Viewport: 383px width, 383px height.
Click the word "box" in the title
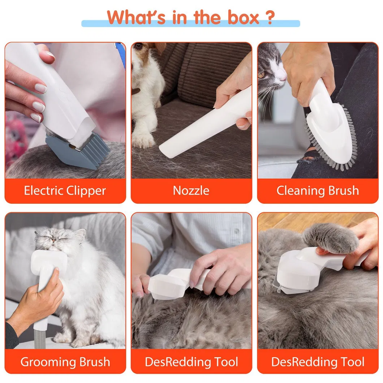(244, 17)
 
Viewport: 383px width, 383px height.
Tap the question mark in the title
(269, 17)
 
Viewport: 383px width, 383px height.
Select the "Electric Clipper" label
(65, 190)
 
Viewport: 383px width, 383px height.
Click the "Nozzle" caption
(191, 190)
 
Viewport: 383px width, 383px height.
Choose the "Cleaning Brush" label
(318, 190)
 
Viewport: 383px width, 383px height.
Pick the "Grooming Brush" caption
(65, 361)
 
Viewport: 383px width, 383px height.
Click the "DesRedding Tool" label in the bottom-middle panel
(191, 361)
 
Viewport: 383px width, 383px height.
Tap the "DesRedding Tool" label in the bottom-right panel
(318, 361)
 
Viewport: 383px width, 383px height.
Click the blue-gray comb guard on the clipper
(78, 154)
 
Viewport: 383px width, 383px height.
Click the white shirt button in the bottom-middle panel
(236, 230)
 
